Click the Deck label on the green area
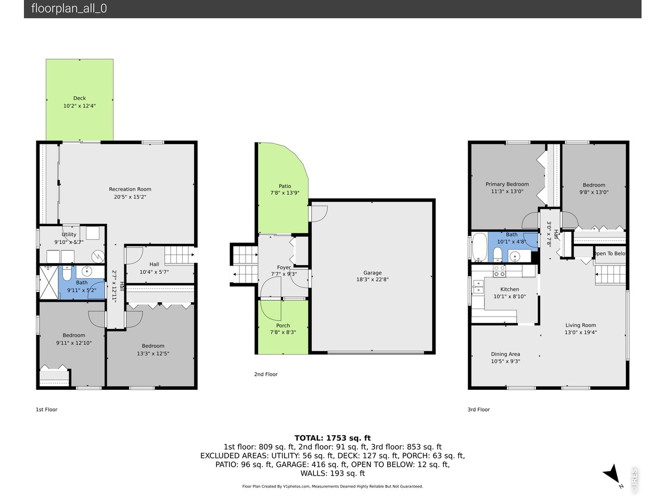(x=80, y=98)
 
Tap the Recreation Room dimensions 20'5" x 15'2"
(x=130, y=197)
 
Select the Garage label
(x=373, y=273)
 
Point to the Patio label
(x=285, y=186)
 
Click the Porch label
(x=283, y=326)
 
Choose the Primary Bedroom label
(x=507, y=184)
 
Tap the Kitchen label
(x=509, y=290)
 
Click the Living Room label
(x=581, y=325)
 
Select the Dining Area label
(x=505, y=354)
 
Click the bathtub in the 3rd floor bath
(x=479, y=247)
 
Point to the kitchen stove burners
(x=499, y=271)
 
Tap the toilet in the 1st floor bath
(x=67, y=273)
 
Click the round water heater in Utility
(x=98, y=257)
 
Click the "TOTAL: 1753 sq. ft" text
(x=332, y=438)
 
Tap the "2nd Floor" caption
(x=266, y=374)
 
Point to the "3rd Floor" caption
(x=479, y=410)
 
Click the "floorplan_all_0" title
(x=69, y=8)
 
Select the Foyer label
(x=284, y=268)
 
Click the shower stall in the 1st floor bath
(x=49, y=282)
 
